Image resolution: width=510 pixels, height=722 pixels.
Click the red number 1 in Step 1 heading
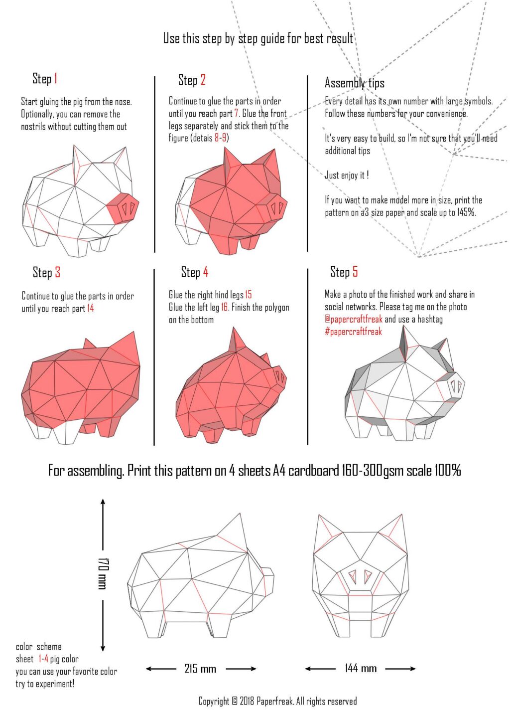click(56, 79)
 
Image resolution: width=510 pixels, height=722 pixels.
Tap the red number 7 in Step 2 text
click(236, 114)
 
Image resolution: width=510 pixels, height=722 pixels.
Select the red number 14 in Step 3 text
click(90, 309)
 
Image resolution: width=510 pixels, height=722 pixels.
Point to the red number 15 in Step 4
click(248, 295)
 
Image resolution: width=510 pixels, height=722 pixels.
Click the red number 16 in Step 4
click(224, 308)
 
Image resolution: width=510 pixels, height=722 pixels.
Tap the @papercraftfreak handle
click(353, 320)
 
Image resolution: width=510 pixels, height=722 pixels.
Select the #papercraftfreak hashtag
click(353, 332)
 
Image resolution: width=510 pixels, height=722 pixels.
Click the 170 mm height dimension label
click(103, 573)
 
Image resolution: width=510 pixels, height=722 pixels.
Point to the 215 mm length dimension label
click(200, 669)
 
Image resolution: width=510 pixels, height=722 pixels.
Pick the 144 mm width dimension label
click(361, 669)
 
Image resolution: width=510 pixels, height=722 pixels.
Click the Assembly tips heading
click(354, 83)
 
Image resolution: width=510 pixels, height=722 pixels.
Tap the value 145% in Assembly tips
click(466, 212)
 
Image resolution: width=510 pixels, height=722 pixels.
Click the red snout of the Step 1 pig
click(123, 208)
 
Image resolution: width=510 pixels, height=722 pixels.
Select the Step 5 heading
click(344, 272)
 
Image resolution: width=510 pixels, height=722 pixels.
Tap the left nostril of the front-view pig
click(353, 577)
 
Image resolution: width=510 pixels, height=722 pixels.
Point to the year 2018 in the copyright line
click(247, 702)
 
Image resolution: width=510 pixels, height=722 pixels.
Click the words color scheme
click(39, 647)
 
